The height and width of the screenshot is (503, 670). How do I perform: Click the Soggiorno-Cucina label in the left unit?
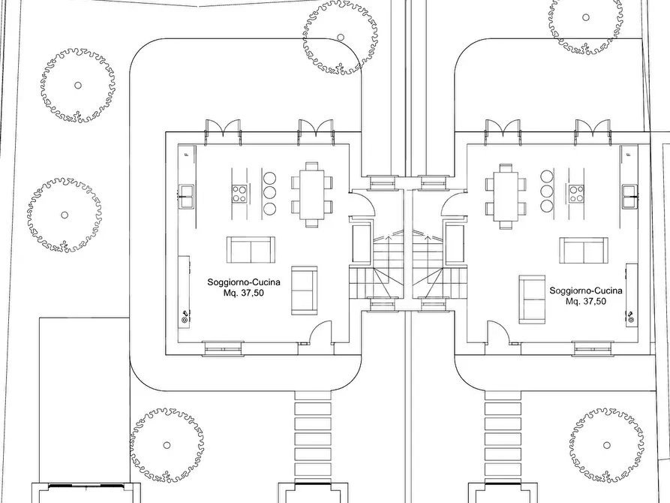tap(244, 282)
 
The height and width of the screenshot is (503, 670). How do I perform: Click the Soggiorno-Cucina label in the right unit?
tap(586, 291)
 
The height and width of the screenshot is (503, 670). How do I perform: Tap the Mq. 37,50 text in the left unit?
tap(244, 293)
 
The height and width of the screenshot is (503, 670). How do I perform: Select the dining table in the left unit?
tap(312, 194)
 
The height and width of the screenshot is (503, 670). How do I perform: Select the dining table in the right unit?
tap(506, 196)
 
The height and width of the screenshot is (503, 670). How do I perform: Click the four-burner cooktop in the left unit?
tap(239, 193)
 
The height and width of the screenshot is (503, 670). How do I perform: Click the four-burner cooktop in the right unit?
tap(576, 193)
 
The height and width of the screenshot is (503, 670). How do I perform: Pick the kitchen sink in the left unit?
tap(186, 197)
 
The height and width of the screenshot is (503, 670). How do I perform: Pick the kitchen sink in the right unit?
tap(629, 197)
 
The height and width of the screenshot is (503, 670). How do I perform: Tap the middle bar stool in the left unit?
tap(269, 194)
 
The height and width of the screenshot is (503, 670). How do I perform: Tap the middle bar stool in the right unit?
tap(547, 191)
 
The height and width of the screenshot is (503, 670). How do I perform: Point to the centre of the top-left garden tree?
tap(78, 85)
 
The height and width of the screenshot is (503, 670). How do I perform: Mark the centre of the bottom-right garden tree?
tap(607, 445)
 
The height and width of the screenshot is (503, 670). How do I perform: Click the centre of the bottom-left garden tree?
tap(167, 445)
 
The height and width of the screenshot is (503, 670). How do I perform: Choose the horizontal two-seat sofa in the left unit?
tap(251, 249)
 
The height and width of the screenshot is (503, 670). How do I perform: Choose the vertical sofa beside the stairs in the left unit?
tap(305, 291)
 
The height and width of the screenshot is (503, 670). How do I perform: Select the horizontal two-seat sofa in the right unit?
tap(584, 251)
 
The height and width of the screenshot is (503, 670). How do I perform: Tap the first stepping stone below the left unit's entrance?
tap(313, 396)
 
